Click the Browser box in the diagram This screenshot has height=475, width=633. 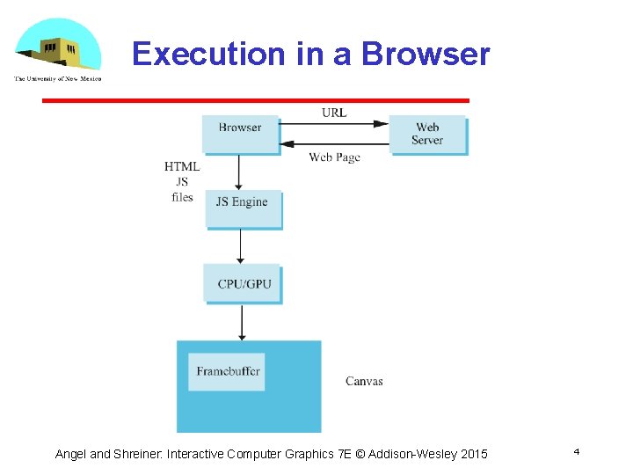pyautogui.click(x=240, y=134)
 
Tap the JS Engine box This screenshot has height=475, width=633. pyautogui.click(x=243, y=208)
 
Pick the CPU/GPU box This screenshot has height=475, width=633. pyautogui.click(x=243, y=283)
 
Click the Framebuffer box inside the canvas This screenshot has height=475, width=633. pyautogui.click(x=228, y=371)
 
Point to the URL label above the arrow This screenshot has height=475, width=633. pyautogui.click(x=334, y=113)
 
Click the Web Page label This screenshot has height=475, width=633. pyautogui.click(x=334, y=157)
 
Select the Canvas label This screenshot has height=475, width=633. pyautogui.click(x=364, y=381)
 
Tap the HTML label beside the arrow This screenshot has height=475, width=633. pyautogui.click(x=182, y=167)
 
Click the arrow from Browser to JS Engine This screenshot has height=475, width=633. pyautogui.click(x=240, y=172)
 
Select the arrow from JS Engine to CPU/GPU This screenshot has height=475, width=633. pyautogui.click(x=241, y=246)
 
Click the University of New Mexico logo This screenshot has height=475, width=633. pyautogui.click(x=58, y=52)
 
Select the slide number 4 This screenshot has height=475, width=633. pyautogui.click(x=576, y=451)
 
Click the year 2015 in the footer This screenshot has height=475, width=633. pyautogui.click(x=473, y=454)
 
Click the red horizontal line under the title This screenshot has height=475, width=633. pyautogui.click(x=256, y=100)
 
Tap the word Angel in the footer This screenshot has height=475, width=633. pyautogui.click(x=70, y=454)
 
